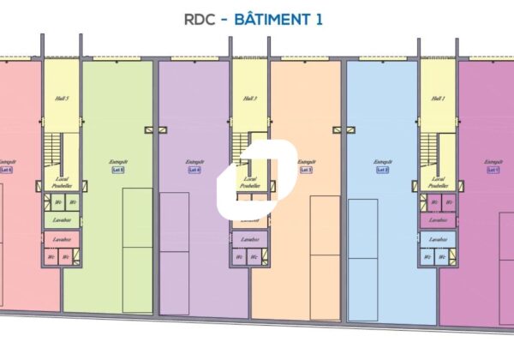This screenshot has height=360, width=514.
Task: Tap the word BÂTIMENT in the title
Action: (x=270, y=19)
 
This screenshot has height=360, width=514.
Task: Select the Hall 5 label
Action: (x=62, y=99)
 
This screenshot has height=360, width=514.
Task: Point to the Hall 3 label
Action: (x=249, y=99)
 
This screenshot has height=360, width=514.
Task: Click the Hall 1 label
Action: (x=437, y=99)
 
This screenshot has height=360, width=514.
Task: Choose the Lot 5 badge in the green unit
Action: (x=117, y=171)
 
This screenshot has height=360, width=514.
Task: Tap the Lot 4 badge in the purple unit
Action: (x=194, y=171)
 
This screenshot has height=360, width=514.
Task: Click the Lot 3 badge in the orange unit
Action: (x=305, y=171)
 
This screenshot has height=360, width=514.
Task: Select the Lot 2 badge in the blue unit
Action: (x=382, y=171)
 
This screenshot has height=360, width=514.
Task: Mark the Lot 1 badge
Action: (x=493, y=171)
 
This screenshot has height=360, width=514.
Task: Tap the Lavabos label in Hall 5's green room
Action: (x=62, y=220)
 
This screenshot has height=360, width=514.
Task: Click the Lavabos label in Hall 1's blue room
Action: (x=437, y=240)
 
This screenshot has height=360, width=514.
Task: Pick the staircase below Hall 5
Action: (x=51, y=150)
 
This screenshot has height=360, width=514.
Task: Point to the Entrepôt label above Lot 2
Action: (x=382, y=162)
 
